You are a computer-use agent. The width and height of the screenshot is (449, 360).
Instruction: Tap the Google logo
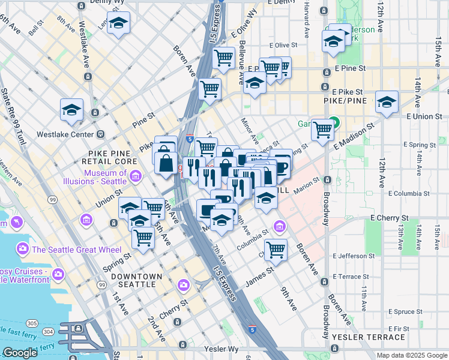pos(20,353)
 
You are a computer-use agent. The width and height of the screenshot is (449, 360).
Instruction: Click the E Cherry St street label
pos(389,218)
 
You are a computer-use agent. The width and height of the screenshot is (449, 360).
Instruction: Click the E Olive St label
pos(283,45)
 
